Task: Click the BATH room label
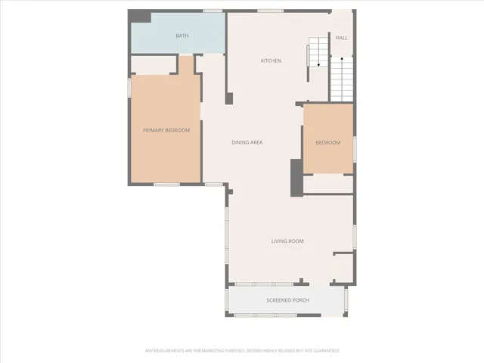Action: tap(182, 36)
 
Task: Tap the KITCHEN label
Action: tap(271, 60)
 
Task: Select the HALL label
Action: tap(342, 36)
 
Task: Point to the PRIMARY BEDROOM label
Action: tap(166, 130)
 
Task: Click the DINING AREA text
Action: tap(247, 142)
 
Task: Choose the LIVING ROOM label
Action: tap(287, 241)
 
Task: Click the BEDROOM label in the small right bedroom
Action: tap(327, 143)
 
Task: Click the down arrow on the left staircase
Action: tap(319, 66)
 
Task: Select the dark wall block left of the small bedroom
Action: tap(296, 178)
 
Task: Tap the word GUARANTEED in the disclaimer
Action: tap(324, 351)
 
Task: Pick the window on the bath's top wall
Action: tap(213, 11)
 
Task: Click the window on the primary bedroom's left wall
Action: tap(129, 87)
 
